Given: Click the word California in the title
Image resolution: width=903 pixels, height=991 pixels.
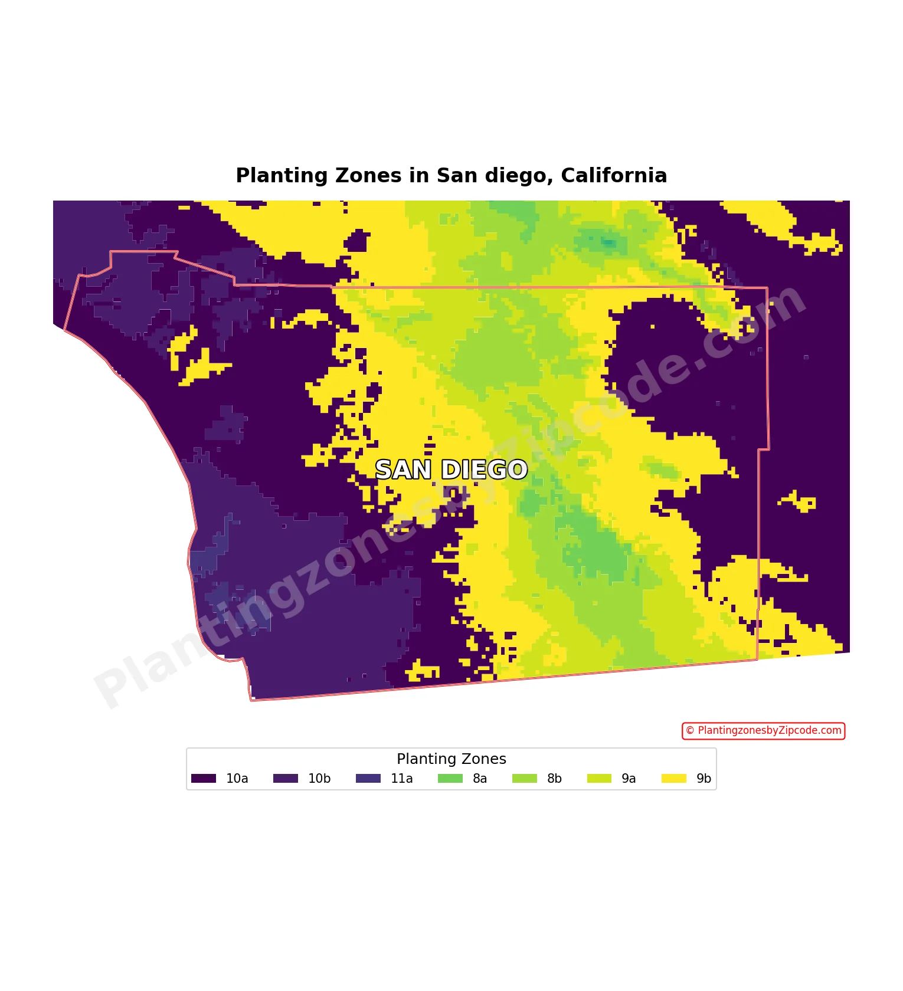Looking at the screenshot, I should (x=614, y=176).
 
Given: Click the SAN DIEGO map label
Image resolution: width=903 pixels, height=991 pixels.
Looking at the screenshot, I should (x=451, y=470).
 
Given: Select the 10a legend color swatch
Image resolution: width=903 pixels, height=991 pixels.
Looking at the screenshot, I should (x=204, y=779).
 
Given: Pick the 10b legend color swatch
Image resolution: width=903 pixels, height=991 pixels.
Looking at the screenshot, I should (x=286, y=779).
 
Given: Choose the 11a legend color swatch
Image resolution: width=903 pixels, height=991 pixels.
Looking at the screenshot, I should (x=368, y=779).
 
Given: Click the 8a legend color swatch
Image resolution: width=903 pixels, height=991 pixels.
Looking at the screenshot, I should (x=450, y=779).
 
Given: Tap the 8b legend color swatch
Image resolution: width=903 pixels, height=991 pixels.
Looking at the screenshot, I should (x=525, y=779).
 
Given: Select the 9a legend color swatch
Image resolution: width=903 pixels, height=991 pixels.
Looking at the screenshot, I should (x=599, y=779).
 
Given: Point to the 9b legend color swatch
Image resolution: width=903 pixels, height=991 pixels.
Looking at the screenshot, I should (x=674, y=779).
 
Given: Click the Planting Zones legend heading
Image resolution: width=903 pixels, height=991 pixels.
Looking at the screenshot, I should (x=451, y=759).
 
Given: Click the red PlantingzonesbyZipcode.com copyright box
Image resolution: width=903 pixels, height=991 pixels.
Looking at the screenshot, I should (x=764, y=731).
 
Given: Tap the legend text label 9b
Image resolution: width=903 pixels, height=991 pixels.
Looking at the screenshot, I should (x=704, y=779).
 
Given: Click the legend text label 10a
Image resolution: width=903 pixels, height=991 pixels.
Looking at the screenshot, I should (x=237, y=779).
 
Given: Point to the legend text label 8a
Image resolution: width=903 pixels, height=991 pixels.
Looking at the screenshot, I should (x=480, y=779).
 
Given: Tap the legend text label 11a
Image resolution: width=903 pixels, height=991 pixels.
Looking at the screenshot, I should (x=402, y=779).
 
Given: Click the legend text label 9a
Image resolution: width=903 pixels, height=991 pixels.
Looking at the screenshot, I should (x=629, y=779).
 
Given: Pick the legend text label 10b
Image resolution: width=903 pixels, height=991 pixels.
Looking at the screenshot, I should (x=319, y=779).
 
